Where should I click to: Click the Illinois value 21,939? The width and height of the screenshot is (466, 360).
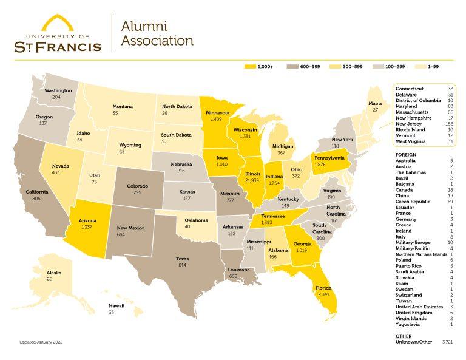[252, 181]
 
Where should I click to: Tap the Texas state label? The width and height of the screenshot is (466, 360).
[182, 259]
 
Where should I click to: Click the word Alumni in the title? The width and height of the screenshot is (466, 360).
[144, 26]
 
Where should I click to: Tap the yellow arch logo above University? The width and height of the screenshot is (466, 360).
[58, 23]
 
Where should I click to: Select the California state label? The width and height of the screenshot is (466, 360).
[36, 192]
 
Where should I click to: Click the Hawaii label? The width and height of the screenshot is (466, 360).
[116, 305]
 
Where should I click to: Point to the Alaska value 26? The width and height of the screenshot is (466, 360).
[53, 279]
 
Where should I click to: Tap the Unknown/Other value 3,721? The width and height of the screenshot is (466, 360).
[447, 342]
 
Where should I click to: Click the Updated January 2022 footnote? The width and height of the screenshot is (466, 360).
[41, 342]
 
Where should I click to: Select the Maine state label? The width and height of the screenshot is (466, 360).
[376, 104]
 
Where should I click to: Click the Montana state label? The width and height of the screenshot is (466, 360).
[123, 107]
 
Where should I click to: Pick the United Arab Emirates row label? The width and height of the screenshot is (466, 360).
[419, 307]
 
